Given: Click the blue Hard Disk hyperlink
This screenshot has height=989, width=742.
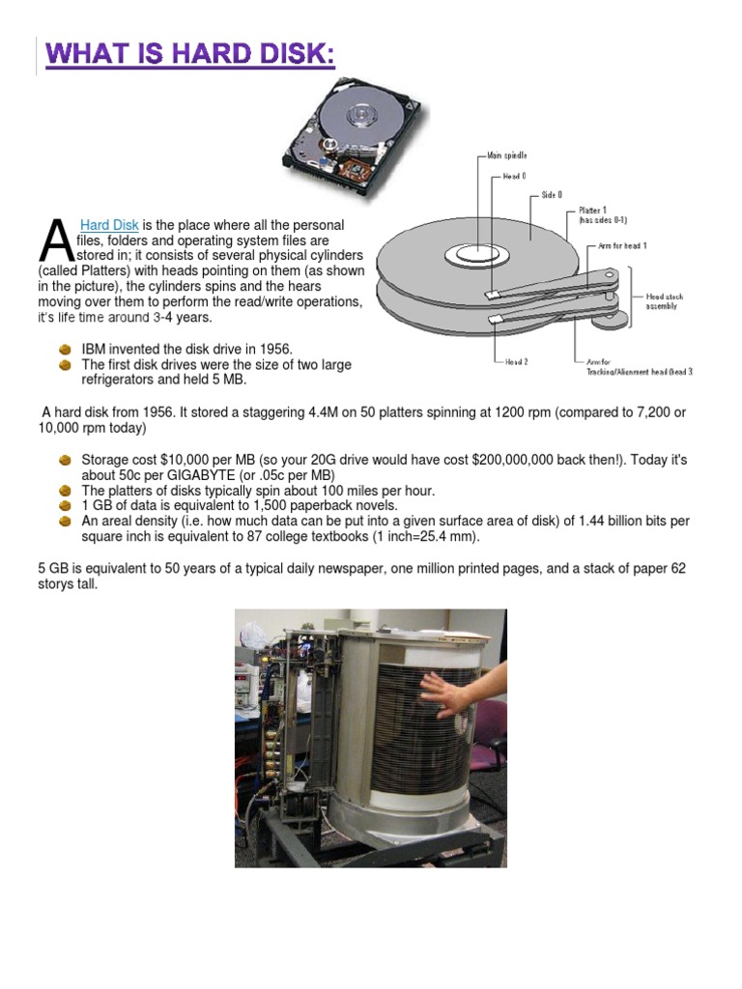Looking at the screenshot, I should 109,225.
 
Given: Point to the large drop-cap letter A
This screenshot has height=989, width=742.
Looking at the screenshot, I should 53,241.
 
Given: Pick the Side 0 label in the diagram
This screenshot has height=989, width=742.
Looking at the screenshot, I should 552,194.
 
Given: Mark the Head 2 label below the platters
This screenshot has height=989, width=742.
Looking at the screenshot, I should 517,361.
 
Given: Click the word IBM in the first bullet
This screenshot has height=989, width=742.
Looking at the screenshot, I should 94,348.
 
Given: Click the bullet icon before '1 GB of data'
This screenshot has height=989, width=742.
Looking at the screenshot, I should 66,505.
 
